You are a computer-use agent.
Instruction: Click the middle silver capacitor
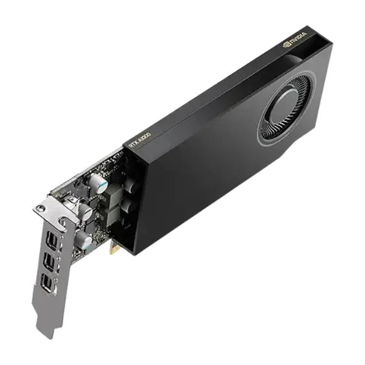coord(86,211)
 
